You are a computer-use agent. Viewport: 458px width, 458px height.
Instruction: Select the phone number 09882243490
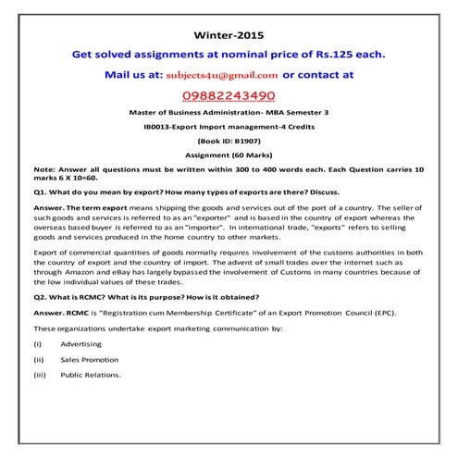pyautogui.click(x=228, y=95)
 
